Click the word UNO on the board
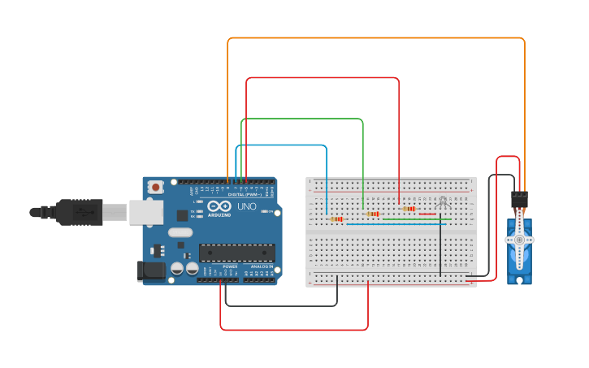coord(246,207)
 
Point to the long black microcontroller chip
coord(236,253)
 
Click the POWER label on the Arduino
coord(230,266)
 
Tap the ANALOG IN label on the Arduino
coord(262,266)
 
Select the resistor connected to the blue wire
coord(336,219)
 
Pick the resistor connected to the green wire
coord(373,214)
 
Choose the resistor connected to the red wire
coord(409,209)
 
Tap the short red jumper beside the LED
coord(427,214)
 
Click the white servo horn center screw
coord(519,240)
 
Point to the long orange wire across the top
coord(374,38)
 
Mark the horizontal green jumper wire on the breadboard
coord(416,219)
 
